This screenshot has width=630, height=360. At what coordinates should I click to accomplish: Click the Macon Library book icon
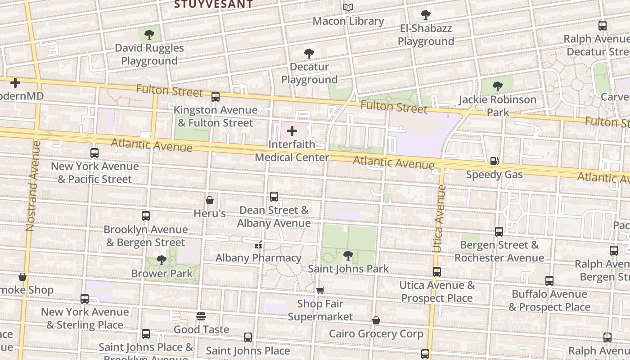tap(348, 8)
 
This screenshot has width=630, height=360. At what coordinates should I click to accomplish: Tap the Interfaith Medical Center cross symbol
tap(292, 131)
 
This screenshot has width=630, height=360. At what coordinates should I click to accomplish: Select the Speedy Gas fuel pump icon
tap(494, 161)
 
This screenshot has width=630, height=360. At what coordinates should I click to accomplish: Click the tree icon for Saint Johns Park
tap(348, 256)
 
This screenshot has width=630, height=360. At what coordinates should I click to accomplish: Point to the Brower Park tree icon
tap(162, 260)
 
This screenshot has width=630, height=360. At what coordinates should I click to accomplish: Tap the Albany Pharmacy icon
tap(258, 245)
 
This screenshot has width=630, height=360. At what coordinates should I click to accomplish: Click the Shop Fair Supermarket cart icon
tap(320, 290)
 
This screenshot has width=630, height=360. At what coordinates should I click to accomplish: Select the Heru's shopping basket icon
tap(210, 200)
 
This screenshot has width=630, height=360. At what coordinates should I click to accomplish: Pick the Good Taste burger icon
tap(201, 316)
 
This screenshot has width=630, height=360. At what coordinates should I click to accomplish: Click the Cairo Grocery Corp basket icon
tap(376, 320)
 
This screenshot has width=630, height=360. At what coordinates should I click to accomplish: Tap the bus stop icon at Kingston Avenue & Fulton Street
tap(216, 96)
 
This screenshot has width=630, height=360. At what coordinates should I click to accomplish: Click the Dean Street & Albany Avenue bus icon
tap(274, 197)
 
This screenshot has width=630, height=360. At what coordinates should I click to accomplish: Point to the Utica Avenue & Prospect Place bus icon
tap(437, 272)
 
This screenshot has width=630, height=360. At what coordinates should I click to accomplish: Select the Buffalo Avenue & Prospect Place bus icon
tap(549, 281)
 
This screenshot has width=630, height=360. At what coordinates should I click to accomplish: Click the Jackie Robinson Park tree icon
tap(497, 86)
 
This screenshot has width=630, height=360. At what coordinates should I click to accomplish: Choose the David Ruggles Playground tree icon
tap(149, 35)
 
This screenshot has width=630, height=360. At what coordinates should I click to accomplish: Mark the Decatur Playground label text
tap(309, 73)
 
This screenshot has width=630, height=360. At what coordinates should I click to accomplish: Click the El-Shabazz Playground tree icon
tap(426, 15)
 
